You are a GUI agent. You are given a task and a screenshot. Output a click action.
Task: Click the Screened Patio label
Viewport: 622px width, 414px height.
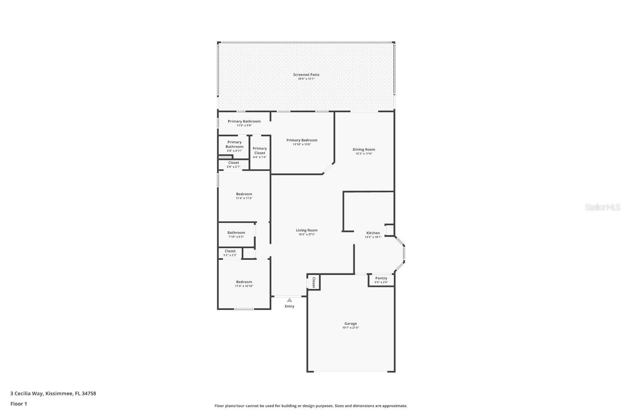click(x=306, y=75)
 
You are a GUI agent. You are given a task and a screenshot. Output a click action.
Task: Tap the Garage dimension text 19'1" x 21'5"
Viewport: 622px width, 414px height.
click(x=350, y=328)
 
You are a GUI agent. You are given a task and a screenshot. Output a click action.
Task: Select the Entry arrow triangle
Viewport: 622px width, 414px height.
click(x=289, y=300)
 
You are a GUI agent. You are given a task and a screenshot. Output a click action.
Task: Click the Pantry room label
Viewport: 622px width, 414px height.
click(x=381, y=278)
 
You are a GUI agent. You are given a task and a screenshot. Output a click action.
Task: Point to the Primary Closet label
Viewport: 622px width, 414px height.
click(x=260, y=151)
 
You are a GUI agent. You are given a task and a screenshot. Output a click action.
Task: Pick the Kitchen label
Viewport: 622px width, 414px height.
click(x=373, y=233)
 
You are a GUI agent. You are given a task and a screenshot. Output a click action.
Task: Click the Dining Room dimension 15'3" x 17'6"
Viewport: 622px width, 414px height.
click(x=363, y=154)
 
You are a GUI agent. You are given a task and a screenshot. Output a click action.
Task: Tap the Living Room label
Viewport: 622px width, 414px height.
click(x=306, y=230)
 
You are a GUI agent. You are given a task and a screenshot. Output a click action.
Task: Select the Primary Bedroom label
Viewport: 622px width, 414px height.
click(x=302, y=140)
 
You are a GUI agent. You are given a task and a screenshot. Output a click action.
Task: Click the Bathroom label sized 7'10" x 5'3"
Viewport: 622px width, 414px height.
click(x=236, y=233)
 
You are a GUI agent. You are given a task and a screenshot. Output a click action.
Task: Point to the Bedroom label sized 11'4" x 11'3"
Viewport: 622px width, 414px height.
click(x=244, y=194)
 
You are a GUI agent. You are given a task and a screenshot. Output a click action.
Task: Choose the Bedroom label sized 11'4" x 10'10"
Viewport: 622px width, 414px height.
click(x=244, y=282)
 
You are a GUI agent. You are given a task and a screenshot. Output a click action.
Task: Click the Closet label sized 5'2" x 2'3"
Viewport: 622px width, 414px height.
click(x=230, y=251)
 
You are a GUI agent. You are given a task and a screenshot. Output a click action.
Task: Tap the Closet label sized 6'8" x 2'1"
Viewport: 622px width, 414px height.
click(x=233, y=163)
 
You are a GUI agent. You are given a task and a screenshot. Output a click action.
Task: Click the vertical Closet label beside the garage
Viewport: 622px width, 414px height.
click(x=314, y=282)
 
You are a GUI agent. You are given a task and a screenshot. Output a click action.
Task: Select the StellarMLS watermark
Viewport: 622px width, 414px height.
click(x=603, y=207)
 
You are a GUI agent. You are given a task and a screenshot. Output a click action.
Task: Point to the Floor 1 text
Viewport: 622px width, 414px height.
click(x=19, y=404)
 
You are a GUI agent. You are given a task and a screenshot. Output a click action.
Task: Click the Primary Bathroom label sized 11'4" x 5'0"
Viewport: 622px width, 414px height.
click(x=244, y=122)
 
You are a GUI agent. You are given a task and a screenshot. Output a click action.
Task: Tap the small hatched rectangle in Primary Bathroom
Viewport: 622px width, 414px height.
click(x=224, y=157)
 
